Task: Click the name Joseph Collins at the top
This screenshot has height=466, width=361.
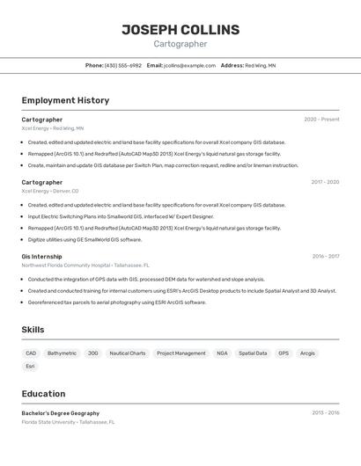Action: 180,30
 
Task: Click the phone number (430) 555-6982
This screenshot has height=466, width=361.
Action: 122,65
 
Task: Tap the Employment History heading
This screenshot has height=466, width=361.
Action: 65,100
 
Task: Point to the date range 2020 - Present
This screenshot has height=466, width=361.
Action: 321,120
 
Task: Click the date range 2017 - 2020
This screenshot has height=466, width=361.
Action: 325,182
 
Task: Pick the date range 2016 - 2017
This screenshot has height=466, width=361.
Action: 325,257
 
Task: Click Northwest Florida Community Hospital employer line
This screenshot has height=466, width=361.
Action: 85,265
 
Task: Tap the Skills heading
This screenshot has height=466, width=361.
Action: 33,330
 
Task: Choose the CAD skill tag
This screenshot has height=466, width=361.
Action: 31,353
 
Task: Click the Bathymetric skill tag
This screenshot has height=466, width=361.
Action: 62,353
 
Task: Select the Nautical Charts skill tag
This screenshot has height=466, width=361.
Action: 127,353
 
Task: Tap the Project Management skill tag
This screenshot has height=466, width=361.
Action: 180,353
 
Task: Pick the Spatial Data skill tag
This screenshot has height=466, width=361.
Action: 253,353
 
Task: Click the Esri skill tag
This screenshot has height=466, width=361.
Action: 31,367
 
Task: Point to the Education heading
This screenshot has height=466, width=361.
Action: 44,394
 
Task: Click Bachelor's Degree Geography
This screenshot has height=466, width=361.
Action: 61,413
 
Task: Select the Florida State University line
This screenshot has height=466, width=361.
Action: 68,422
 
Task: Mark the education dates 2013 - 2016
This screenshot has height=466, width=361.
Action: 325,413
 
